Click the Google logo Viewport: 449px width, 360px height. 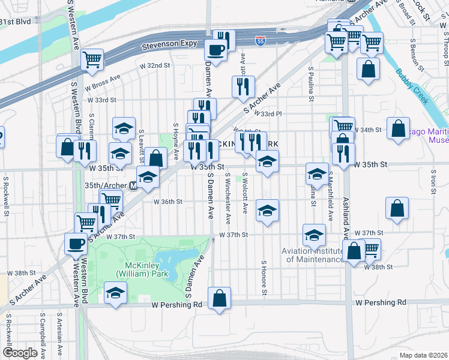point(20,353)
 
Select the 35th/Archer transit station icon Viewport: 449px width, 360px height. point(133,186)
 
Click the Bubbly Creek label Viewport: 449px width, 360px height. point(412,86)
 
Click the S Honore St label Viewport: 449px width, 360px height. point(264,277)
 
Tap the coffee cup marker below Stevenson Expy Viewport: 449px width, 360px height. point(215,50)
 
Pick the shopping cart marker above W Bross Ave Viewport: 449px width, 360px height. point(92,59)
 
